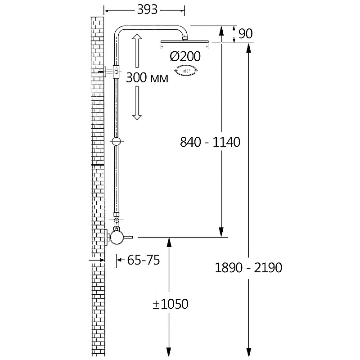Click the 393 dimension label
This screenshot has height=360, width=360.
(x=147, y=10)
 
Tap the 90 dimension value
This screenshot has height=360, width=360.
(x=245, y=33)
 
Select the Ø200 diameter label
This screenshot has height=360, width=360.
(x=185, y=56)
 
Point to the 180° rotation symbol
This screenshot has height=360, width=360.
(x=185, y=71)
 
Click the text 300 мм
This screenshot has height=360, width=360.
(x=147, y=77)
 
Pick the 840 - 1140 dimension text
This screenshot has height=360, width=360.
(x=210, y=142)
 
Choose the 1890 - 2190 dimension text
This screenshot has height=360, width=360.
(x=248, y=268)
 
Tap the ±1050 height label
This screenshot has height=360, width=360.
(x=171, y=304)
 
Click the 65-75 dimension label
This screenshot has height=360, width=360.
(x=144, y=260)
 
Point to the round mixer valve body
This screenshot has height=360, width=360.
(x=118, y=238)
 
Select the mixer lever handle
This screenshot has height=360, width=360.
(x=129, y=237)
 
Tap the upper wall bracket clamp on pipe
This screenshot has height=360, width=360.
(x=117, y=72)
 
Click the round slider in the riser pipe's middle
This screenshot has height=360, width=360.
(x=117, y=141)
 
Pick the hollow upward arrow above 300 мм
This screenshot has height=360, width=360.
(x=137, y=51)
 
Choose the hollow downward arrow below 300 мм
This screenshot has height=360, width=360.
(x=137, y=103)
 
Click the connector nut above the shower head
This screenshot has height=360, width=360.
(x=185, y=37)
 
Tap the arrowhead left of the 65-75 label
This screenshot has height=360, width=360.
(x=119, y=260)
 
